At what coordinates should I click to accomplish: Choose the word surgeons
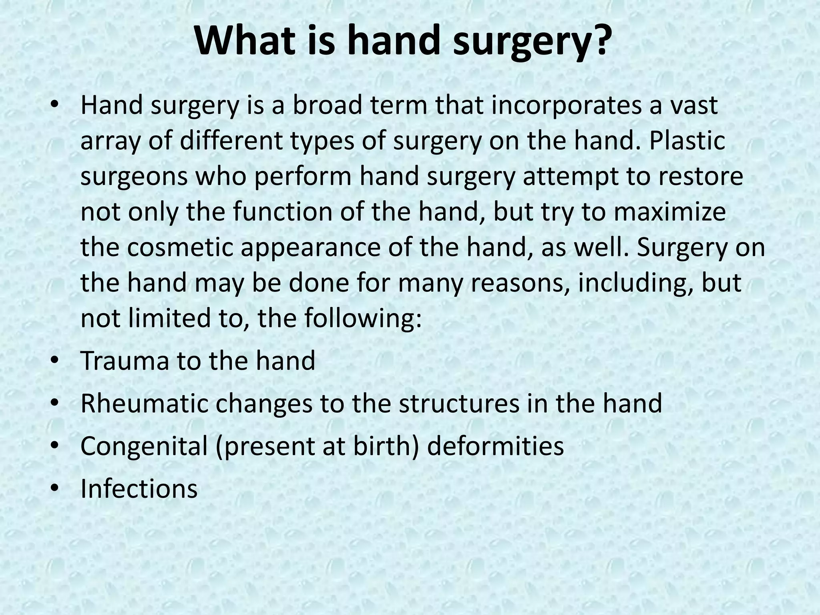(x=134, y=177)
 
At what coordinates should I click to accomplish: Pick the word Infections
(x=139, y=488)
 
